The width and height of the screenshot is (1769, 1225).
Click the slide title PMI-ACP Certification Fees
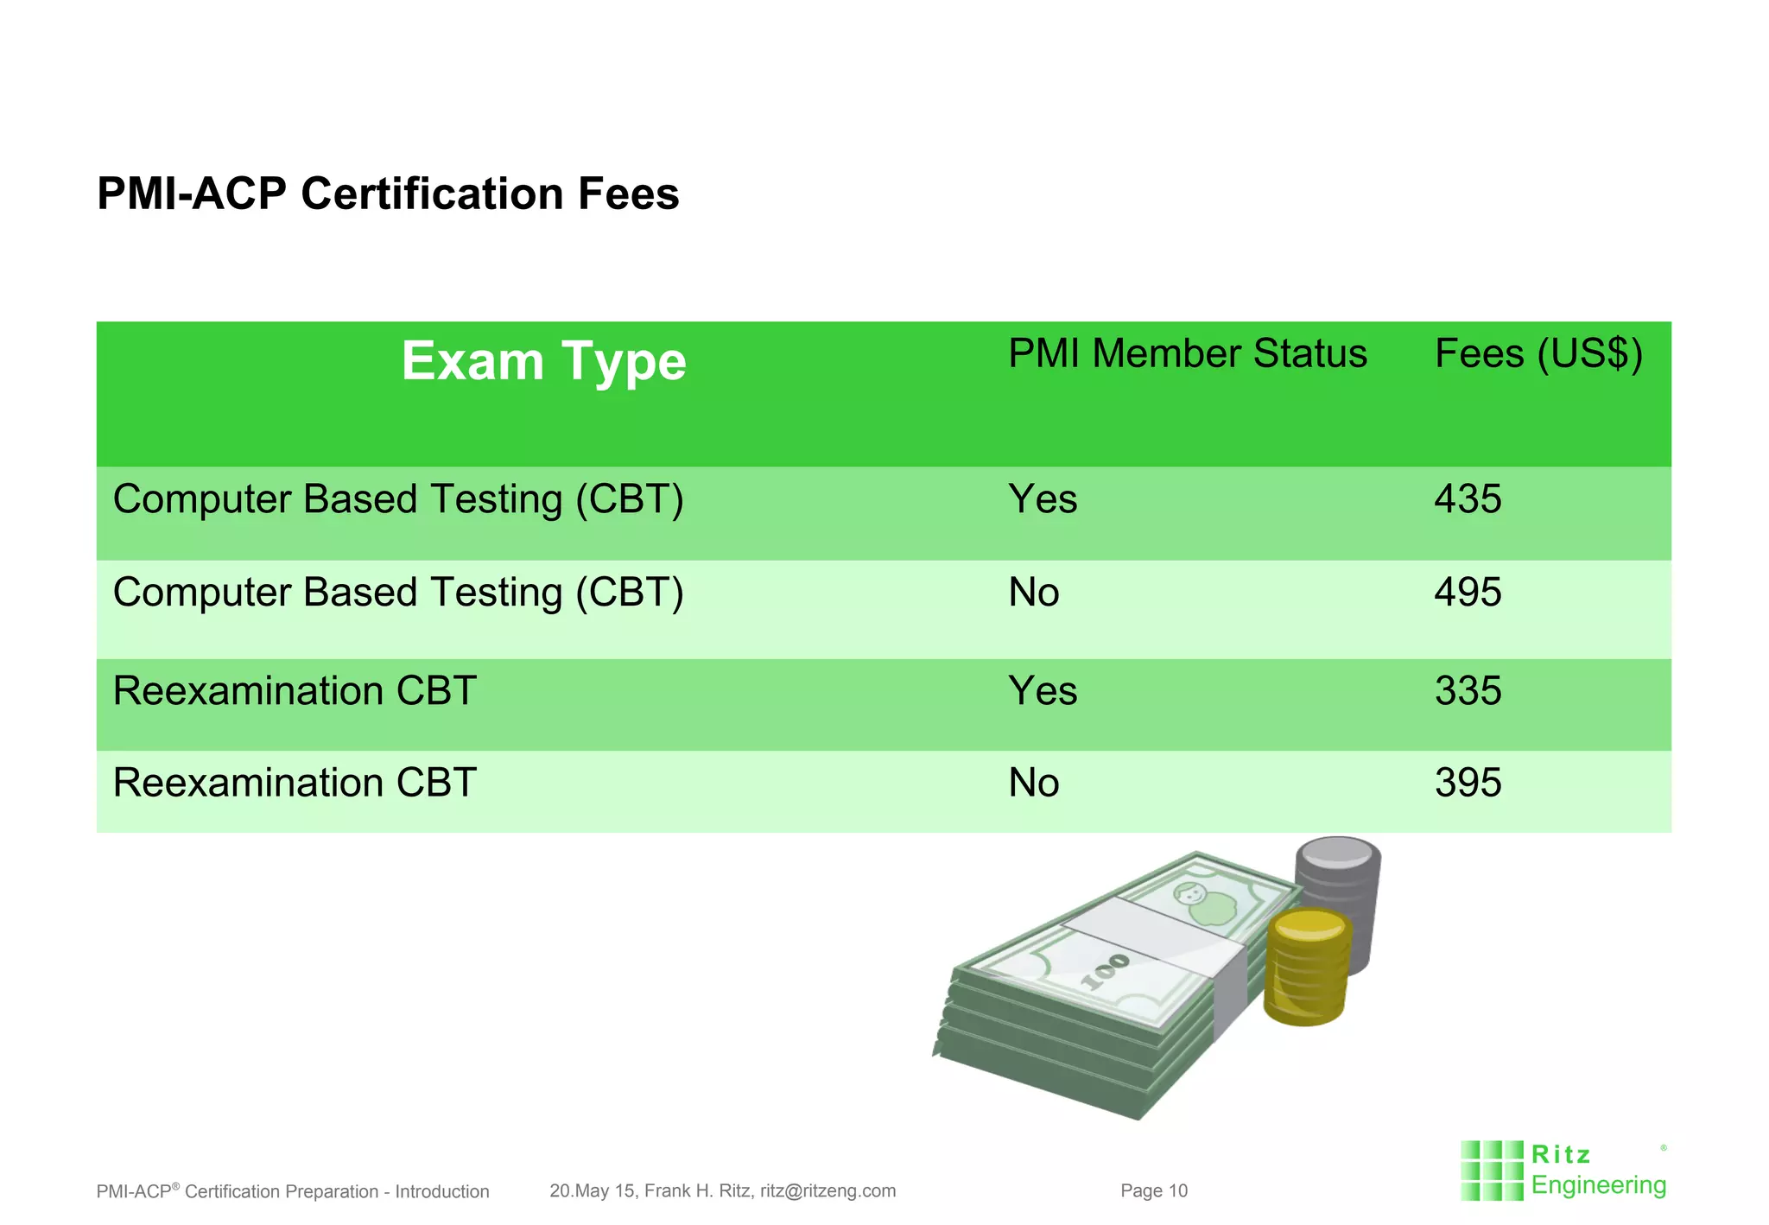pyautogui.click(x=388, y=194)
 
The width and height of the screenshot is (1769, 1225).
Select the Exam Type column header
pyautogui.click(x=543, y=361)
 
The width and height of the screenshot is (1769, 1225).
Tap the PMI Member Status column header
pyautogui.click(x=1188, y=354)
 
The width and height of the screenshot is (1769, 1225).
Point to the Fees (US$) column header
pyautogui.click(x=1538, y=354)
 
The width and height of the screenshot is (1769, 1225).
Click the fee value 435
pyautogui.click(x=1468, y=499)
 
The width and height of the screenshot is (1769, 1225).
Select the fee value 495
pyautogui.click(x=1468, y=593)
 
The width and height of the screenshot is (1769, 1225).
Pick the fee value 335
pyautogui.click(x=1468, y=691)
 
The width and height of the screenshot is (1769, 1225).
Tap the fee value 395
pyautogui.click(x=1468, y=783)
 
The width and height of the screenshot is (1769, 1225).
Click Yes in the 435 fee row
pyautogui.click(x=1043, y=499)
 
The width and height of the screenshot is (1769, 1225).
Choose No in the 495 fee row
pyautogui.click(x=1034, y=593)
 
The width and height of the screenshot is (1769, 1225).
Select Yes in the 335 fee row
pyautogui.click(x=1043, y=691)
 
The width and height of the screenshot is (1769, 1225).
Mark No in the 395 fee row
pyautogui.click(x=1034, y=783)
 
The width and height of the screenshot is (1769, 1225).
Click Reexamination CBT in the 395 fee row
pyautogui.click(x=295, y=783)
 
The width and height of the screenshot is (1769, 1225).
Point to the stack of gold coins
pyautogui.click(x=1307, y=968)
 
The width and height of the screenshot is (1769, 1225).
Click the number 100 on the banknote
pyautogui.click(x=1106, y=971)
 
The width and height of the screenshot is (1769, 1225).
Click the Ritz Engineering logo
pyautogui.click(x=1564, y=1171)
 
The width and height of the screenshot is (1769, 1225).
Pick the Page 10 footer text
pyautogui.click(x=1154, y=1191)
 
